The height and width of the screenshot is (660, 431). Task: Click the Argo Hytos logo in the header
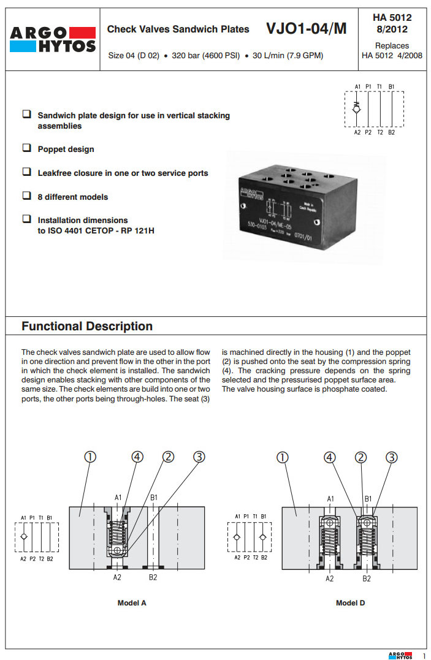[53, 39]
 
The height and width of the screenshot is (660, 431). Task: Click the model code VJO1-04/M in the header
[306, 29]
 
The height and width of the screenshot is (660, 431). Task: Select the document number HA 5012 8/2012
[392, 23]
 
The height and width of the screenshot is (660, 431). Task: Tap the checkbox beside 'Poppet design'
[27, 148]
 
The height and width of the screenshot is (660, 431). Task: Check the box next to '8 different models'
[27, 196]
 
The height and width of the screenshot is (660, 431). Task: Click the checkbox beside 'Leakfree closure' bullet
[27, 172]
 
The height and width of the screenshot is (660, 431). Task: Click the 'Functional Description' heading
[87, 326]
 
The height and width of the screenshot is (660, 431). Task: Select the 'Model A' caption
[132, 603]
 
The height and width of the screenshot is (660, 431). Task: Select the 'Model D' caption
[351, 603]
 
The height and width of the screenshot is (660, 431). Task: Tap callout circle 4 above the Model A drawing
[137, 457]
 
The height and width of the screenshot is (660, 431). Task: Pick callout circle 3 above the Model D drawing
[392, 457]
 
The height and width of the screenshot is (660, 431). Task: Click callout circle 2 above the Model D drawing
[362, 457]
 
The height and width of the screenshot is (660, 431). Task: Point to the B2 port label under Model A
[153, 577]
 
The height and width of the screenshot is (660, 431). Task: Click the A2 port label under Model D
[330, 578]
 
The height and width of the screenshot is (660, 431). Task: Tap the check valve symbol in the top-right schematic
[357, 108]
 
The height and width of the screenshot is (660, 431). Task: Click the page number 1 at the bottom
[423, 656]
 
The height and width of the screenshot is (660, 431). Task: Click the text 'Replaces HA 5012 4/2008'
[392, 50]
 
